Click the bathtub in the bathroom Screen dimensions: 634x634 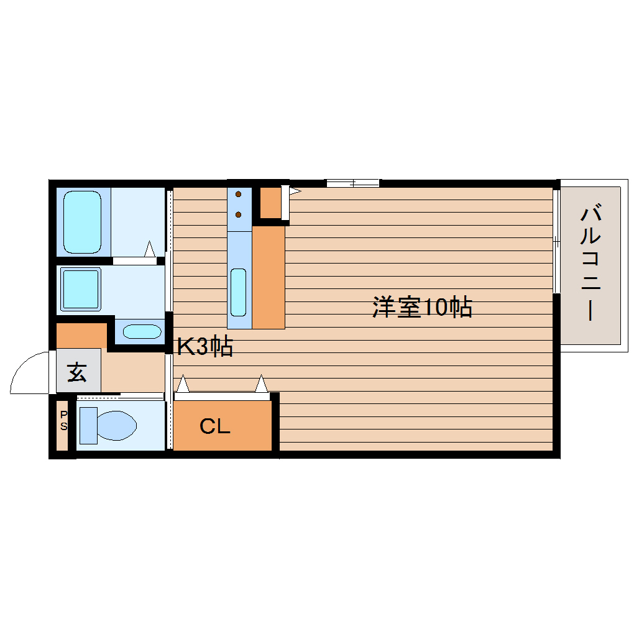[82, 222]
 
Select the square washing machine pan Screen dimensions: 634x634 [80, 290]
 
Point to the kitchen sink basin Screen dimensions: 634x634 [238, 292]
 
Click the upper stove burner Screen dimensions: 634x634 [239, 195]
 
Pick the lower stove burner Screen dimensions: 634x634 [239, 215]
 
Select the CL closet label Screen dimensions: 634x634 [215, 427]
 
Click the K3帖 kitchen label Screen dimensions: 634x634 [204, 347]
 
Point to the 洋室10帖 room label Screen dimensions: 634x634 [422, 307]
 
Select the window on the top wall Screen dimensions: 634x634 [352, 183]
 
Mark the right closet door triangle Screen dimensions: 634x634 [262, 384]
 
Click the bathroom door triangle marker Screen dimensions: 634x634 [149, 249]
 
